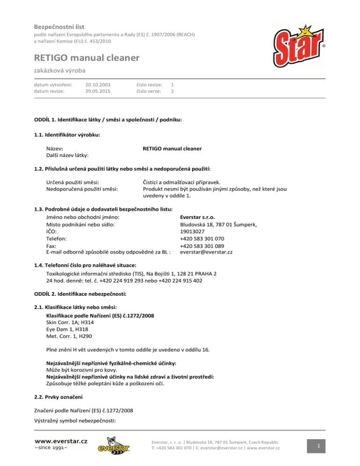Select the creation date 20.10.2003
coord(98,84)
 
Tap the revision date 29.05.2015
coord(98,91)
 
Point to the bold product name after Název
coord(172,149)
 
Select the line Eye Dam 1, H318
coord(67,330)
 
